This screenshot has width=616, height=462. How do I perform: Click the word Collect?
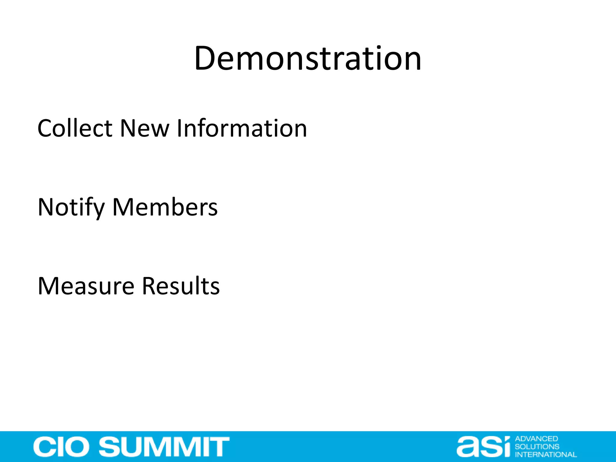[75, 128]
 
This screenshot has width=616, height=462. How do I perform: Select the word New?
[145, 128]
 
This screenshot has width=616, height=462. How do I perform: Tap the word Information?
[242, 128]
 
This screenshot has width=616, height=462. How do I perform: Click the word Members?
[165, 208]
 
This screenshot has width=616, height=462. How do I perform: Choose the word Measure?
[86, 286]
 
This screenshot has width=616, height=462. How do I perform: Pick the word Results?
[181, 286]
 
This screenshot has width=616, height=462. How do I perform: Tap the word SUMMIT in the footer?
[164, 447]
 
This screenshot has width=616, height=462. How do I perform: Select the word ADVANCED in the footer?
[536, 439]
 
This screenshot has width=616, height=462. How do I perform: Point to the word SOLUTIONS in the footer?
[537, 447]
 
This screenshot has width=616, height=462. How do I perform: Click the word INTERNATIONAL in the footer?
[546, 454]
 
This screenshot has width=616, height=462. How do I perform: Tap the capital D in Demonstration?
[206, 59]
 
